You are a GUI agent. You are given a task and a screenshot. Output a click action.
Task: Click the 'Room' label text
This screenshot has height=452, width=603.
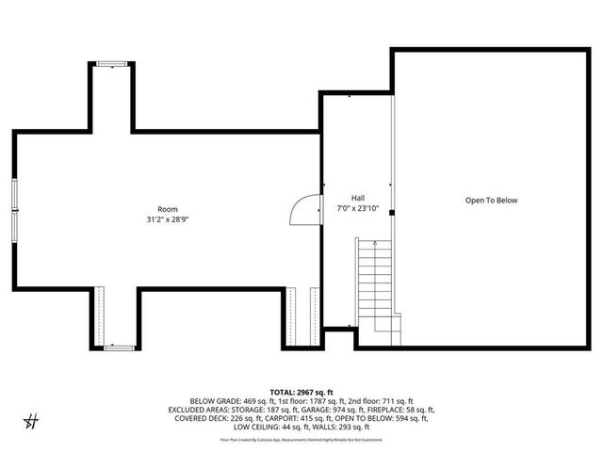[x=167, y=209]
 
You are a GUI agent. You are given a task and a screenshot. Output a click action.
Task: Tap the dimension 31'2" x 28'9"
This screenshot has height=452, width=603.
[x=167, y=219]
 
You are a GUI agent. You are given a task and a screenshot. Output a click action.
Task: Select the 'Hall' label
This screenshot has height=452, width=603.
[x=358, y=198]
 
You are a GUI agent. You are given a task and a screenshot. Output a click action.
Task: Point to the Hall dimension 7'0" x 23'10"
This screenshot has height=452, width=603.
[x=358, y=208]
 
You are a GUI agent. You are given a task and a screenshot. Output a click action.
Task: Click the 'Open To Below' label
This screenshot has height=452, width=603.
[x=491, y=200]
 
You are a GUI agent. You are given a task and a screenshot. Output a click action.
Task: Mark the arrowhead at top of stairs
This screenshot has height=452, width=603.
[x=374, y=243]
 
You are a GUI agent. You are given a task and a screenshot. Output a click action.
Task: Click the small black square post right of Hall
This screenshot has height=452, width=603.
[x=391, y=212]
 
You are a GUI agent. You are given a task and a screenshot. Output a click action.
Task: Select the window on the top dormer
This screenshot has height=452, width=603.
[x=112, y=64]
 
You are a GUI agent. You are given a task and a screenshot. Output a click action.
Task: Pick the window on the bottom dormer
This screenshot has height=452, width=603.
[x=118, y=347]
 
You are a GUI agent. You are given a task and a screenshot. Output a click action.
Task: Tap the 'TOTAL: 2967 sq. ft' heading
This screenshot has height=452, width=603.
[x=301, y=390]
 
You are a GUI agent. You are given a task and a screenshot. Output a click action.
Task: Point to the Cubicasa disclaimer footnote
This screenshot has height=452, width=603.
[x=301, y=440]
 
